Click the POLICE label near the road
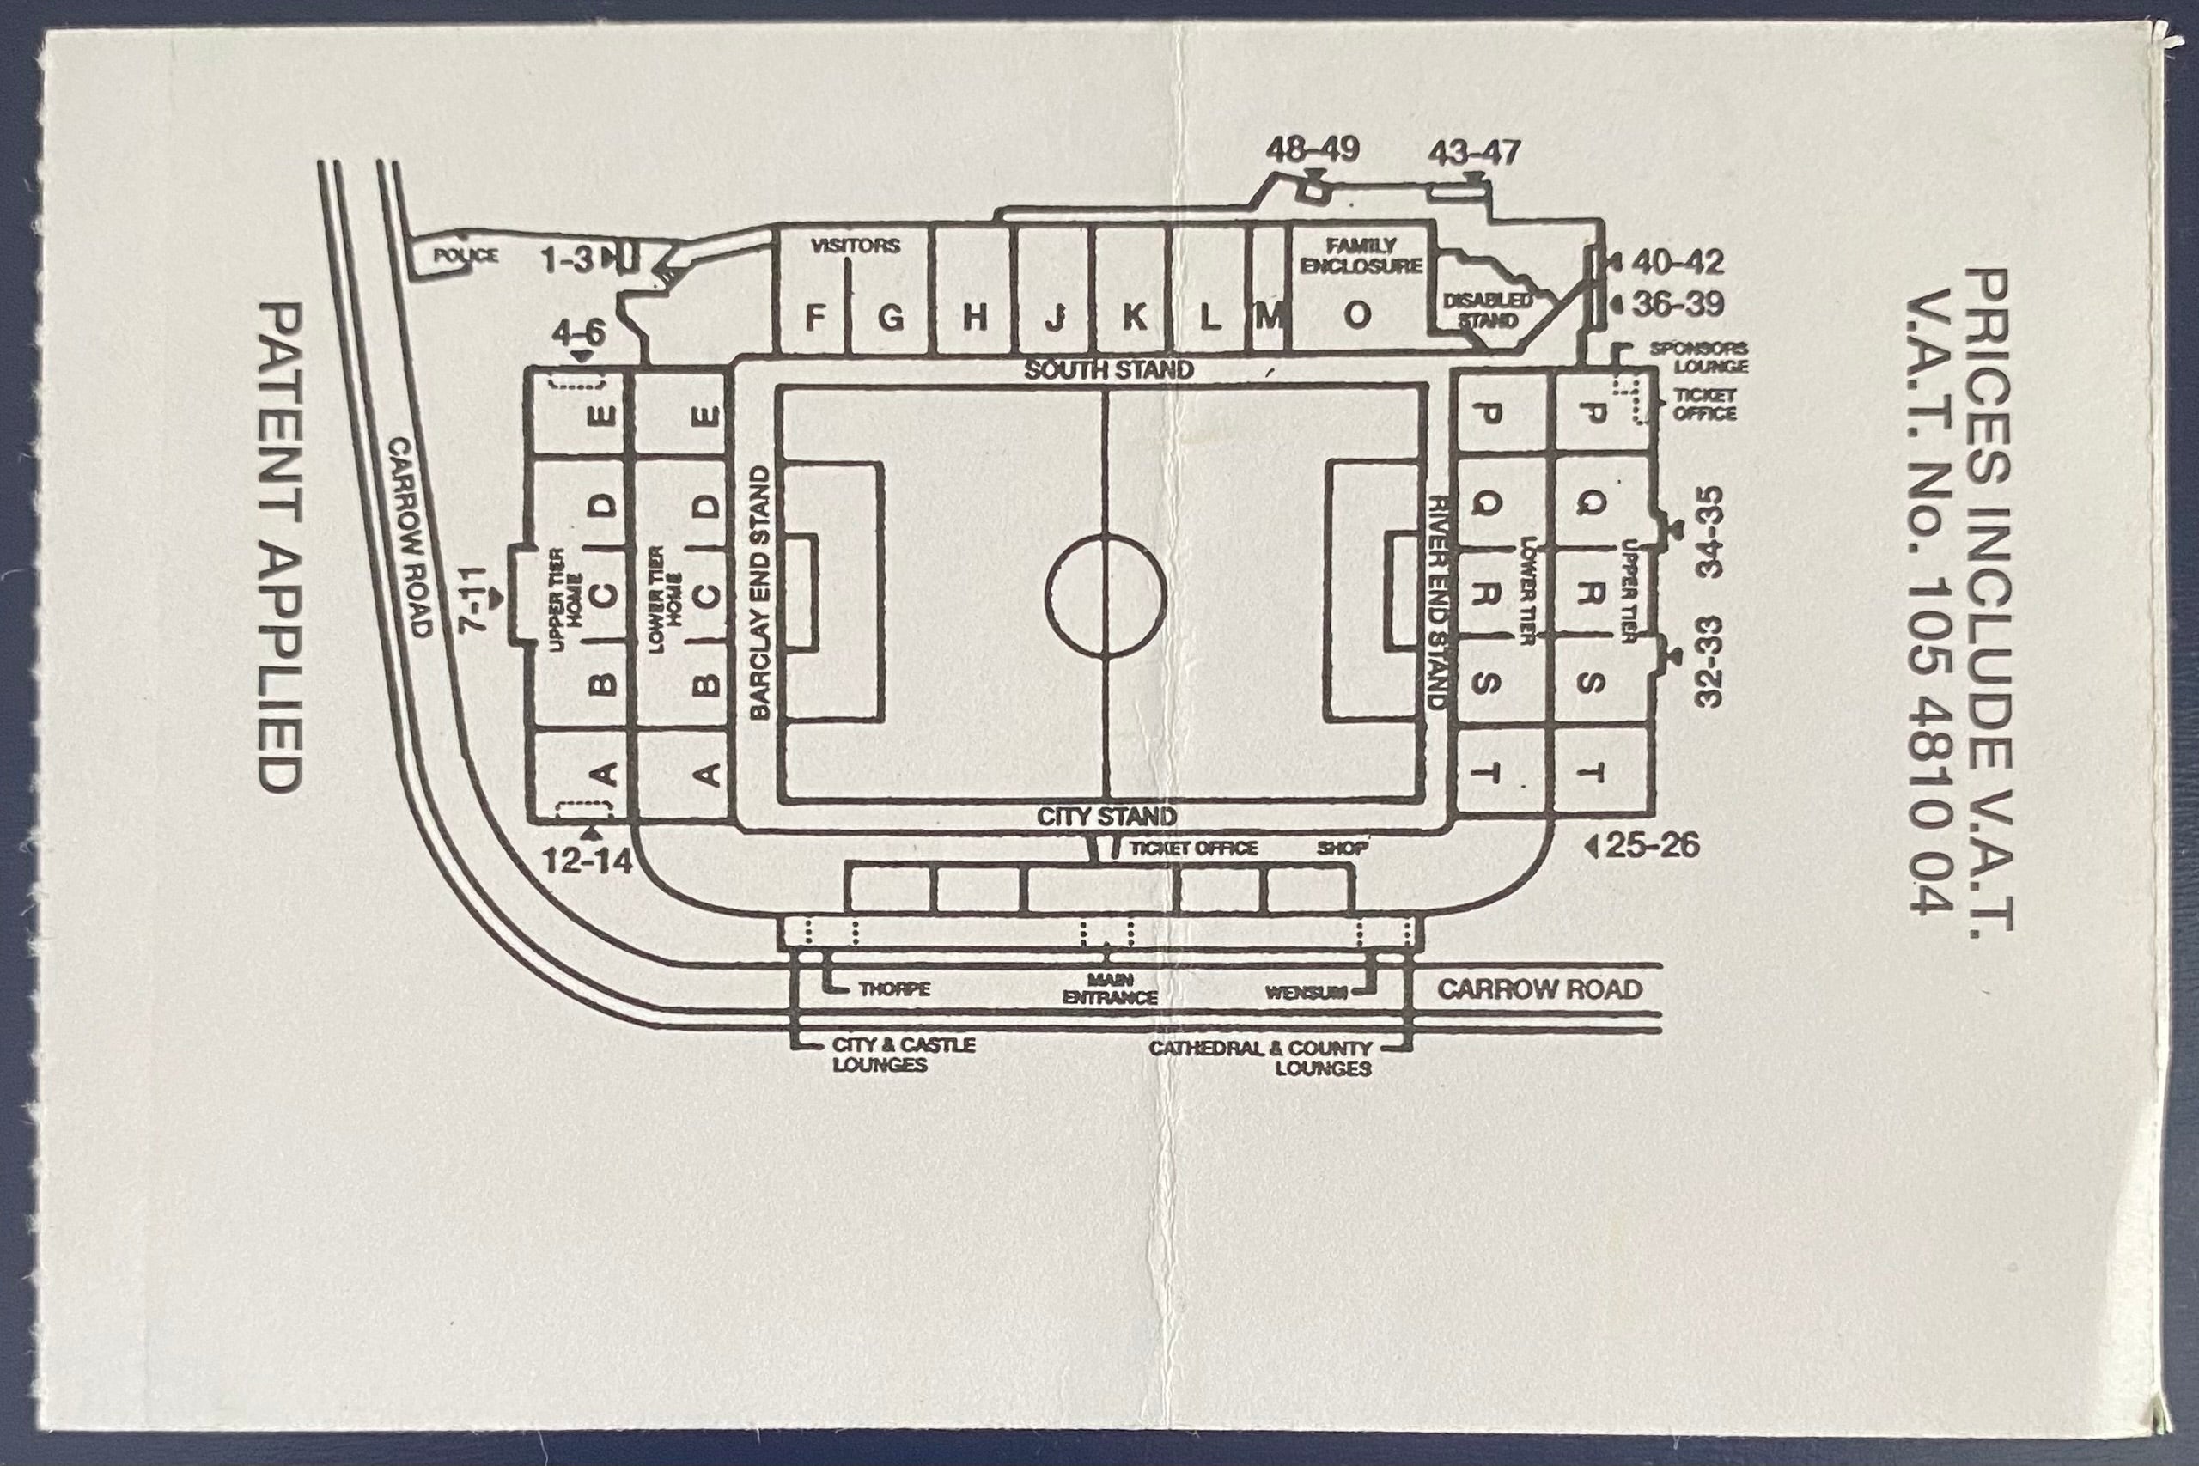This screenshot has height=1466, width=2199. point(466,255)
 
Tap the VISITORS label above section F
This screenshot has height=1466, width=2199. point(856,246)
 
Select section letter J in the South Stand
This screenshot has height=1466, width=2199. point(1056,318)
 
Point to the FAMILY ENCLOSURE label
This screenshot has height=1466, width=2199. point(1361,256)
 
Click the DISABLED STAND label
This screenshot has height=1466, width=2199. point(1488,310)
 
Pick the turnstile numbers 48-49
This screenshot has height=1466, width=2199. point(1313,149)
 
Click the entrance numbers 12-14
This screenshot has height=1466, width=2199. point(588,861)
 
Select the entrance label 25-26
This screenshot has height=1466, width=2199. point(1652,845)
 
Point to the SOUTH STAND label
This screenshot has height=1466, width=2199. point(1109,369)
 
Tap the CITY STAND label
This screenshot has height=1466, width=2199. point(1107,816)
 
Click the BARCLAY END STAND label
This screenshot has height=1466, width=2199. point(760,593)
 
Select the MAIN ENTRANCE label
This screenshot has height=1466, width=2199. point(1110,989)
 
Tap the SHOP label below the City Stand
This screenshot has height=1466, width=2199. point(1343,848)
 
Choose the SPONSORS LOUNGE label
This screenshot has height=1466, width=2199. point(1698,357)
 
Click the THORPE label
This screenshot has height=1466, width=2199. point(895,989)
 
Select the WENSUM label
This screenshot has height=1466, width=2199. point(1307,992)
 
